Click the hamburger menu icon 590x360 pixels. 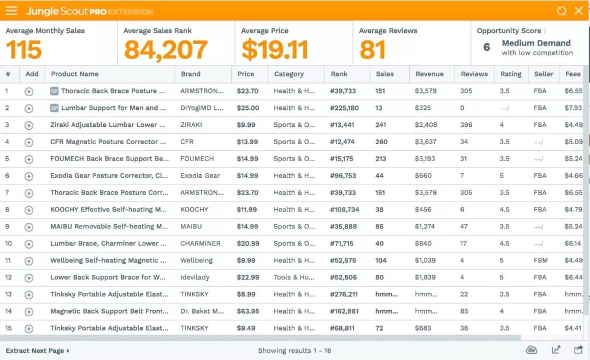pos(11,10)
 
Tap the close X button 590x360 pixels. pos(579,10)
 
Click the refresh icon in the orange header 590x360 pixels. pos(562,10)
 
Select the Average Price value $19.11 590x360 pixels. pos(275,50)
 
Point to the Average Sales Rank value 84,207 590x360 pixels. pos(166,50)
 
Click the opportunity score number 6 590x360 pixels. pos(487,48)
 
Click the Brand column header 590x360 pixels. pos(191,74)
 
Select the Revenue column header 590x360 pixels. pos(429,74)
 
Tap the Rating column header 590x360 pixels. pos(511,74)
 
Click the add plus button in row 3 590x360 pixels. pos(29,125)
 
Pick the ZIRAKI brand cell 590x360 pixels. pos(191,125)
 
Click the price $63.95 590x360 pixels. pos(248,311)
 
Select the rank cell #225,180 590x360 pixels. pos(344,108)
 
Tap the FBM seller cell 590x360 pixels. pos(541,261)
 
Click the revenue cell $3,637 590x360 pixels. pos(426,141)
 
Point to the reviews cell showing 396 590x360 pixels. pos(466,125)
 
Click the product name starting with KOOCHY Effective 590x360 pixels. pos(109,209)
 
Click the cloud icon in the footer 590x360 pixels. pos(532,350)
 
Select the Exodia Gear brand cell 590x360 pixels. pos(200,175)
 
